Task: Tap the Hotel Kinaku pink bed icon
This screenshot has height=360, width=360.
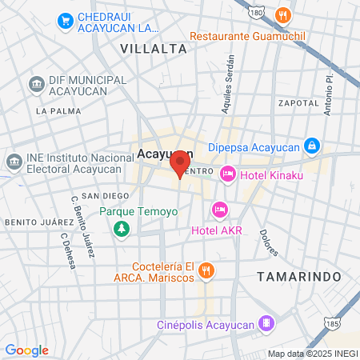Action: click(228, 174)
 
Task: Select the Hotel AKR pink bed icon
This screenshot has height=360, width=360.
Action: click(218, 210)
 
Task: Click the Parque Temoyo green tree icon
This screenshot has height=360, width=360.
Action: click(121, 230)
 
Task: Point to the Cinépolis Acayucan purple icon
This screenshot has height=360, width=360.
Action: click(267, 324)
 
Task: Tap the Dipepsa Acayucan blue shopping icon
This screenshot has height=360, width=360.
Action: click(313, 146)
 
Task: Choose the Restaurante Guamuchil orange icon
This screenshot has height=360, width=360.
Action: click(282, 15)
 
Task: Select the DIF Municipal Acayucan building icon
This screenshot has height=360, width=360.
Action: click(35, 84)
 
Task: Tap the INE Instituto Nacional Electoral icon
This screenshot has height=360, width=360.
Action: click(14, 162)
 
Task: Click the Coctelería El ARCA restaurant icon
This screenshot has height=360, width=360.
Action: click(207, 270)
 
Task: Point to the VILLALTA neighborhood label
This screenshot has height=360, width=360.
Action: click(154, 49)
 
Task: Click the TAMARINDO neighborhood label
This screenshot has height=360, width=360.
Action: click(299, 276)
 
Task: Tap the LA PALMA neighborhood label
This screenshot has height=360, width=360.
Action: click(54, 111)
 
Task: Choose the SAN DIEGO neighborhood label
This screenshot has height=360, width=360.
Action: click(106, 196)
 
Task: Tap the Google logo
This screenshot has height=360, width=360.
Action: click(26, 350)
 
